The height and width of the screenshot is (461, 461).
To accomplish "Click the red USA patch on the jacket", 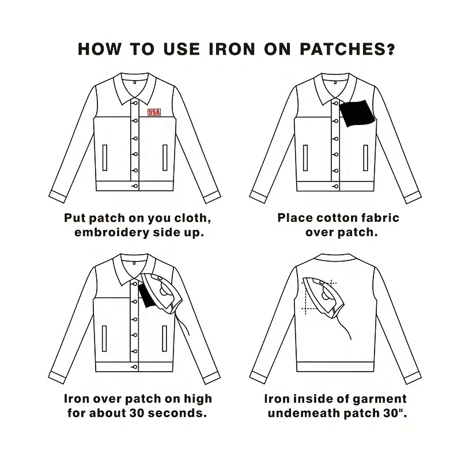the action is click(x=154, y=112).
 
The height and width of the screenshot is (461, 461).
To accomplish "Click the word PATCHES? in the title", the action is click(x=347, y=50).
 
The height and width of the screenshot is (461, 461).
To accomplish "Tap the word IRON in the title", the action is click(x=232, y=50).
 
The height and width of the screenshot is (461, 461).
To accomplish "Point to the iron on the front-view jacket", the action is click(x=162, y=293).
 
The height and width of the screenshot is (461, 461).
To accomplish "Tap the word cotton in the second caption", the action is click(x=336, y=218).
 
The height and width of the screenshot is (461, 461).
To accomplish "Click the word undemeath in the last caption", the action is click(x=304, y=413).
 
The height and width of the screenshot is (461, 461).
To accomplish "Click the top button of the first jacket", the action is click(x=135, y=103).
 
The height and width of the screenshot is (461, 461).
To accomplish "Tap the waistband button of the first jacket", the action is click(x=135, y=186).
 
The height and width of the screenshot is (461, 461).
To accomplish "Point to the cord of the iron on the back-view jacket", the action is click(x=341, y=326).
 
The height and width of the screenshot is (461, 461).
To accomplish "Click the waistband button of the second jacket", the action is click(x=335, y=186).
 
